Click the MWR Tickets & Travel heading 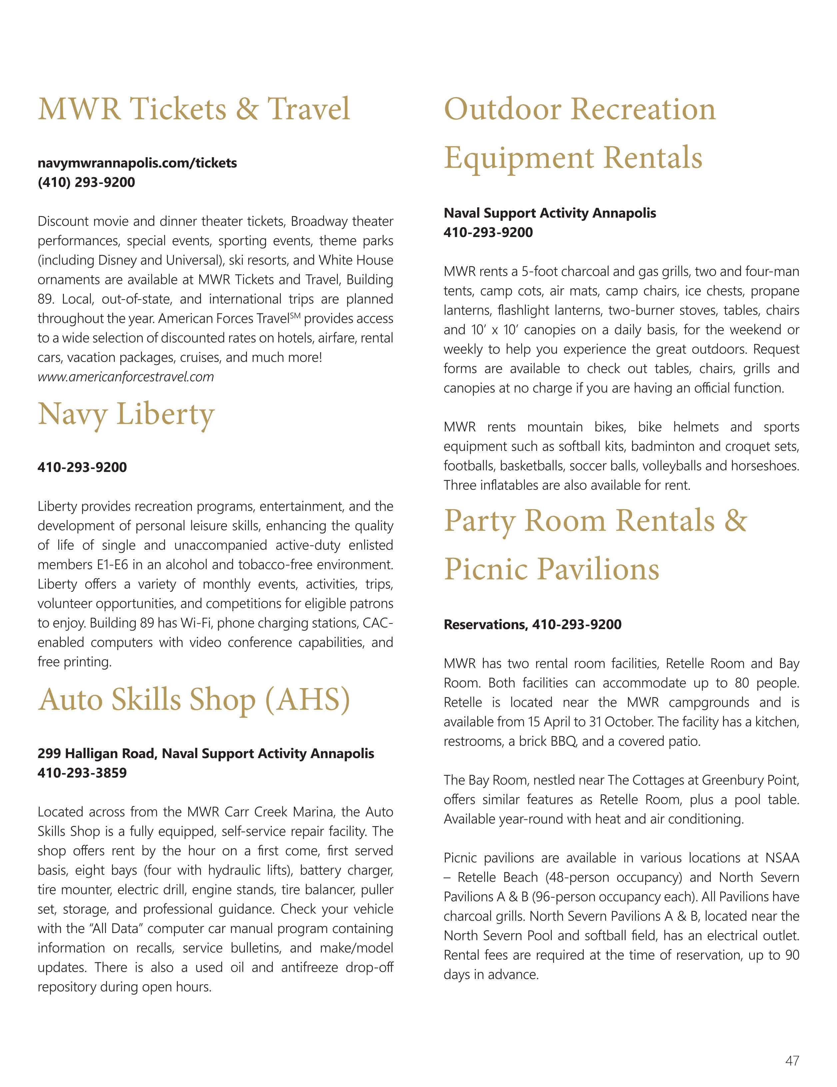194,109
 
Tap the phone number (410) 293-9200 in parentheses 86,182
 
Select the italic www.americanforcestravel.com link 126,377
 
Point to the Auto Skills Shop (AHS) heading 194,699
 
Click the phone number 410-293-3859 82,773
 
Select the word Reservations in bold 485,624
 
